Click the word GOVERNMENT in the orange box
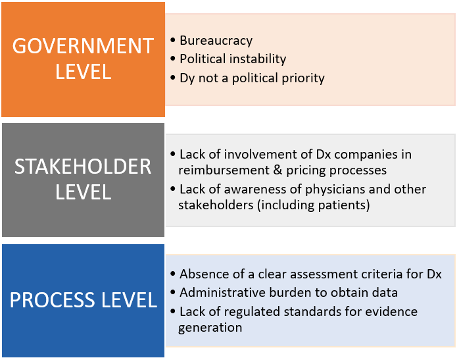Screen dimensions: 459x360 tap(83, 46)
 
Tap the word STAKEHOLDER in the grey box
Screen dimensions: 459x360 tap(83, 167)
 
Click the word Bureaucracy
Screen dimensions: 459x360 tap(216, 41)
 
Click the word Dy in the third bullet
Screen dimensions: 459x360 tap(187, 78)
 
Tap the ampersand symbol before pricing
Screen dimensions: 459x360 tap(278, 170)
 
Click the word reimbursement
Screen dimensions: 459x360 tap(224, 170)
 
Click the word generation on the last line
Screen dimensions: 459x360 tap(210, 328)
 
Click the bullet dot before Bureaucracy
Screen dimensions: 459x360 tap(173, 40)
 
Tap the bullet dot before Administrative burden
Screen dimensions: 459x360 tap(173, 292)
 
